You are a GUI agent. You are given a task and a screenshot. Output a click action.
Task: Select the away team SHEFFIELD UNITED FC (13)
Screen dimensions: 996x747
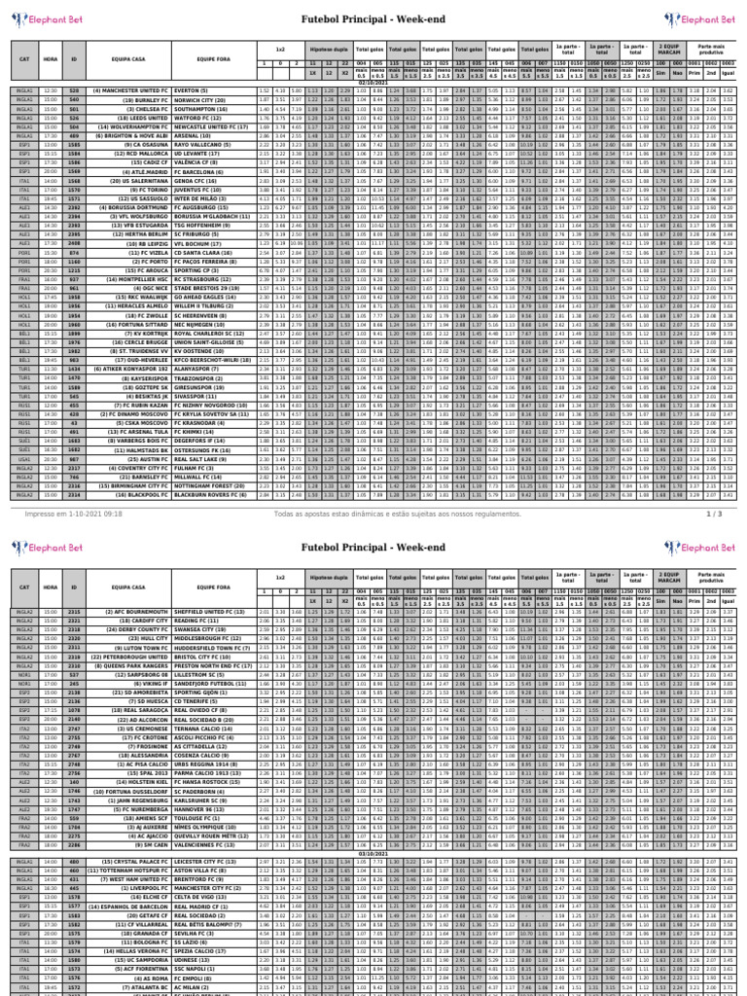tap(215, 612)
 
